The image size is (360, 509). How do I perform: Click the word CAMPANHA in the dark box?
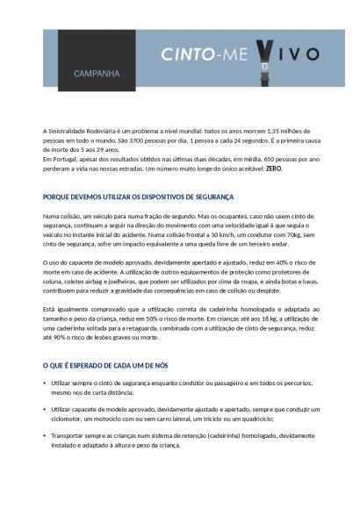97,74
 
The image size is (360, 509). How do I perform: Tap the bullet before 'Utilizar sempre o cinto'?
44,384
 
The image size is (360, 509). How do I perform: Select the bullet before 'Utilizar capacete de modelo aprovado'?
44,409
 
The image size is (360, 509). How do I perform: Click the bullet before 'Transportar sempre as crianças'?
44,435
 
